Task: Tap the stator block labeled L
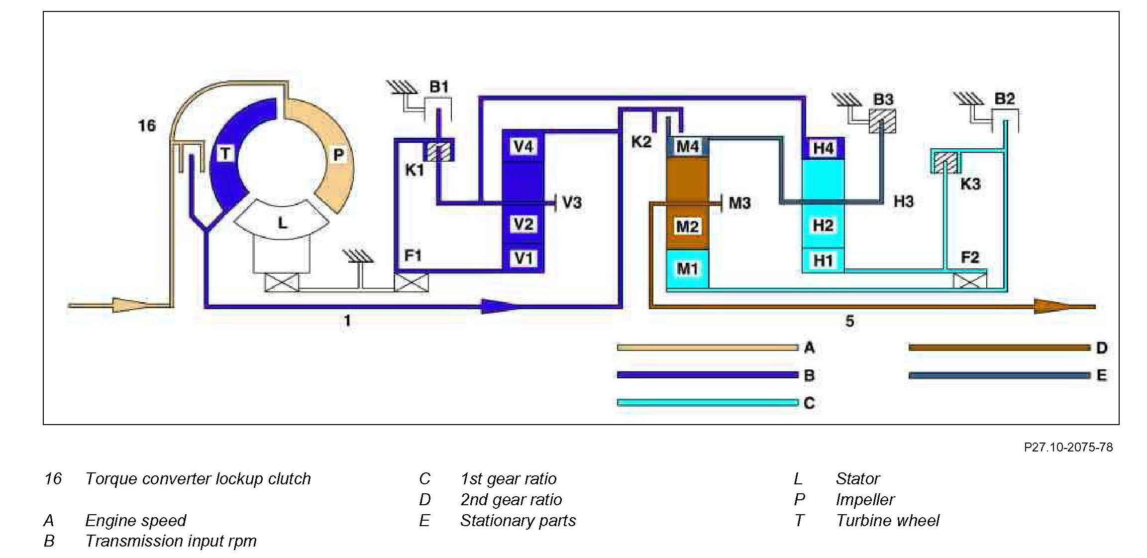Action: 282,223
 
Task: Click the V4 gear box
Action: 522,146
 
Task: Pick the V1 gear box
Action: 522,258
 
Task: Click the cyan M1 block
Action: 687,269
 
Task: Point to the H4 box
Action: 823,148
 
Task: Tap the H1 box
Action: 823,260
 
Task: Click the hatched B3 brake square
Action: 882,121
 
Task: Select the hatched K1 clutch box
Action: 438,151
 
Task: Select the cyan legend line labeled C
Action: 707,402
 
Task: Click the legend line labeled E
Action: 999,375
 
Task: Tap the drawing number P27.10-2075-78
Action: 1068,447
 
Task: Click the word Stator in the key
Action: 857,479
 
